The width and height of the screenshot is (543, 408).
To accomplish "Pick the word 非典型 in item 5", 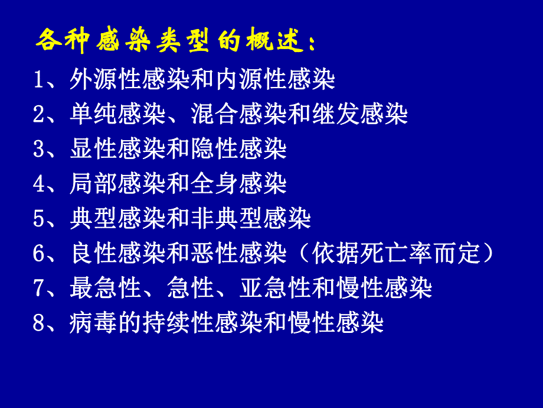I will (x=227, y=219).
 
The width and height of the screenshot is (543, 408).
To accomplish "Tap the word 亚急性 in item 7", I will (x=276, y=289).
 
